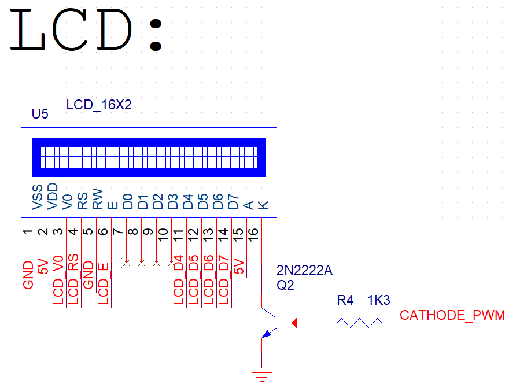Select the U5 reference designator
(40, 114)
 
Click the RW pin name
(98, 199)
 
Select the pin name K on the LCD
(263, 205)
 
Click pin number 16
(253, 234)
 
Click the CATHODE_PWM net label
(452, 316)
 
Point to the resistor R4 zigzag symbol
(359, 323)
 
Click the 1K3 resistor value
(379, 301)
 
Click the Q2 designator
(286, 285)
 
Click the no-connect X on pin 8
(126, 263)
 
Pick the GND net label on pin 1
(28, 275)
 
